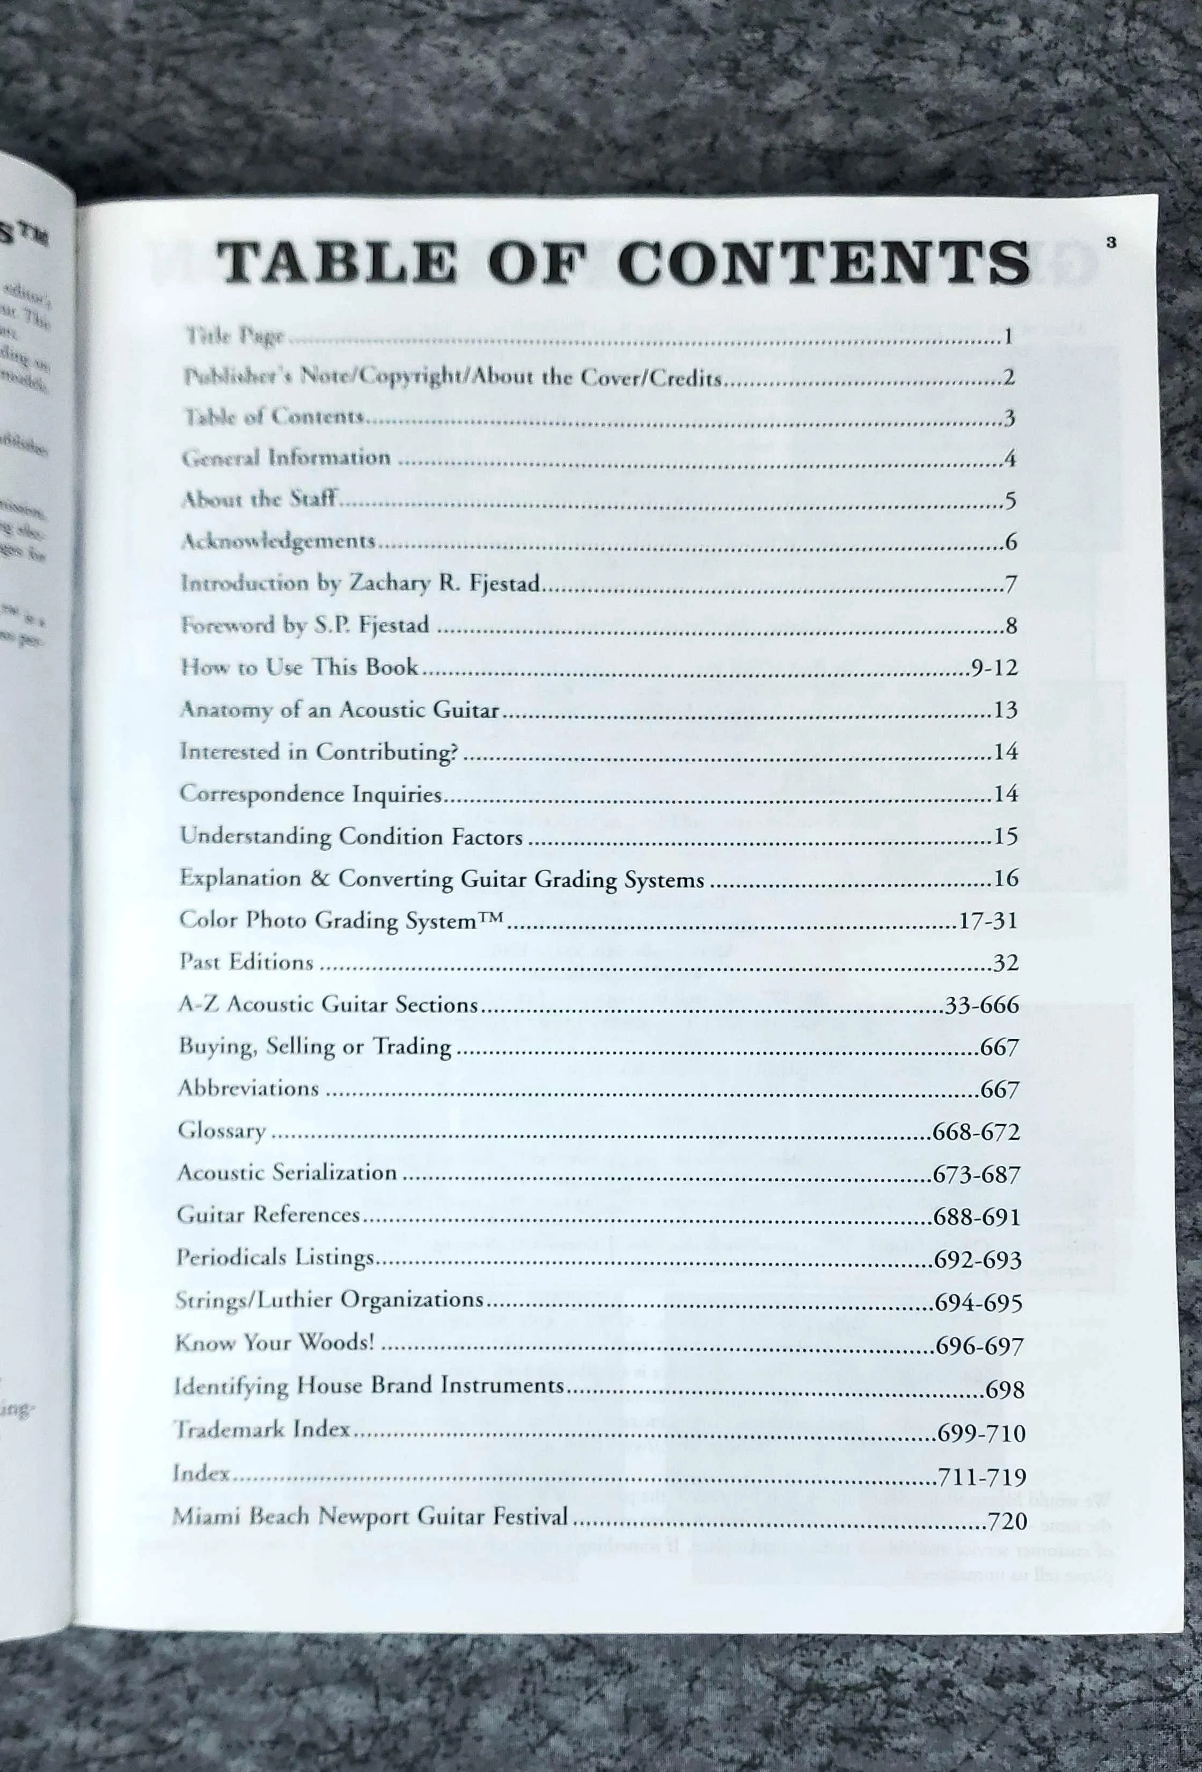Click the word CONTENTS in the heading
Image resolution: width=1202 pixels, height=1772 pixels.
pos(823,263)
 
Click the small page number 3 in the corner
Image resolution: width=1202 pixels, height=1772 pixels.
pos(1111,243)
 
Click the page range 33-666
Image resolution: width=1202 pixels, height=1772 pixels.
pos(981,1005)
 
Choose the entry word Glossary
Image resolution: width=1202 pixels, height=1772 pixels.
pos(222,1131)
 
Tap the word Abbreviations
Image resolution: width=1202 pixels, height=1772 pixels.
pos(248,1088)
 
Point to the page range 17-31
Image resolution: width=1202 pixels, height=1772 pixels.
pos(988,921)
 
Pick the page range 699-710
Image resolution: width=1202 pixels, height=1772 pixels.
pos(981,1433)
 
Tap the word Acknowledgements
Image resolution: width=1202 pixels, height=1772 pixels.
pos(278,541)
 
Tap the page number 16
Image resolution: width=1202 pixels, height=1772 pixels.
pos(1006,878)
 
